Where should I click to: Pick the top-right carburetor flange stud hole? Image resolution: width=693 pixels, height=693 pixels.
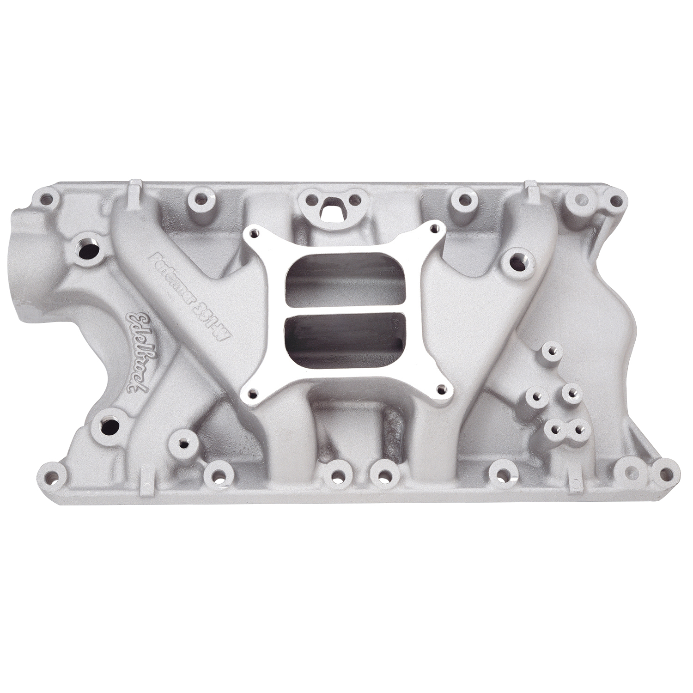434,228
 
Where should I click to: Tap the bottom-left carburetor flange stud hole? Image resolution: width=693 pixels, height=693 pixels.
252,393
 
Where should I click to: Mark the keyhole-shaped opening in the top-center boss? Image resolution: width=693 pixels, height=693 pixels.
331,211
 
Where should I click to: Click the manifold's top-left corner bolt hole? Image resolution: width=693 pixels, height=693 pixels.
46,200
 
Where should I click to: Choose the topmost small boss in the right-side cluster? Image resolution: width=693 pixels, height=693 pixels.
551,350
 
